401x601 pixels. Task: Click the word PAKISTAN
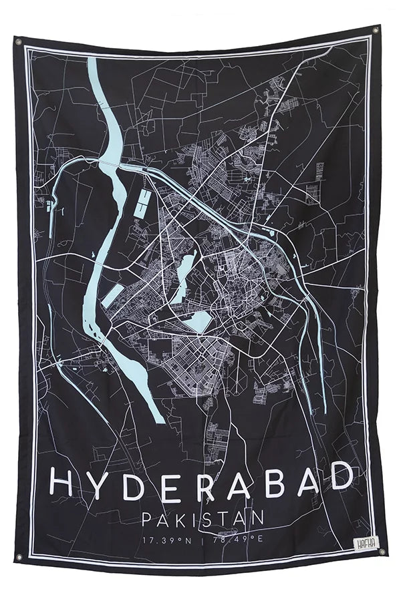point(203,518)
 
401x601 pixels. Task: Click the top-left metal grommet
point(18,41)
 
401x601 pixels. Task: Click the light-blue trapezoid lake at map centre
point(198,323)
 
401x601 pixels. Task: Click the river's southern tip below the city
point(158,417)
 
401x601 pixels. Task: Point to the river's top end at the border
point(94,63)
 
